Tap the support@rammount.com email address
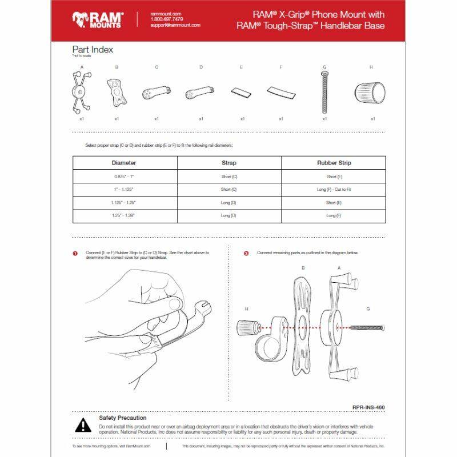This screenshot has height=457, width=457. pos(175,25)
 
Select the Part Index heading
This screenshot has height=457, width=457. pos(92,50)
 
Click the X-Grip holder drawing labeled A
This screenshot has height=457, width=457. pos(82,92)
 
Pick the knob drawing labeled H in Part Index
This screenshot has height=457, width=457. pos(371,92)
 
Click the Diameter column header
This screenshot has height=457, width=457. pos(124,163)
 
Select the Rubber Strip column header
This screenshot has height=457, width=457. pos(334,163)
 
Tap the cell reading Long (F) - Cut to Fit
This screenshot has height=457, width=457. pos(334,189)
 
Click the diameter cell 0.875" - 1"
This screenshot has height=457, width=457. pos(124,177)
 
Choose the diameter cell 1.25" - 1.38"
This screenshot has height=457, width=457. pos(124,216)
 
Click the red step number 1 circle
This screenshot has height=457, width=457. pos(75,253)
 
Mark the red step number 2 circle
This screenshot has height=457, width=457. pos(246,253)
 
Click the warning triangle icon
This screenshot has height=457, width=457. pos(83,424)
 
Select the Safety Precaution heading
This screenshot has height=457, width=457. pos(122,418)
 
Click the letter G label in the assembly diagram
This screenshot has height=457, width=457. pos(368,308)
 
